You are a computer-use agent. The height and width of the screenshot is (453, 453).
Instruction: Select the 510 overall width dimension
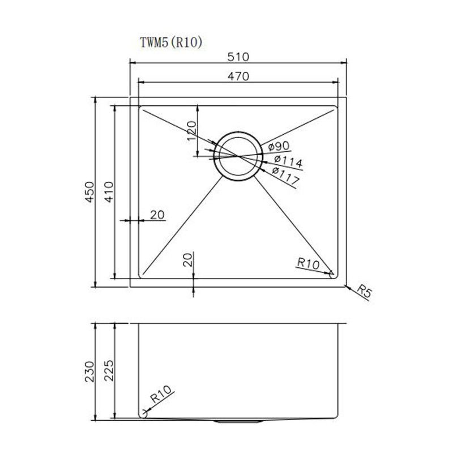(238, 57)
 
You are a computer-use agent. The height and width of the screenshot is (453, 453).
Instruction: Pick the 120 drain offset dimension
(191, 131)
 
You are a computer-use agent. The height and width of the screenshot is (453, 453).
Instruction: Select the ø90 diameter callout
(276, 147)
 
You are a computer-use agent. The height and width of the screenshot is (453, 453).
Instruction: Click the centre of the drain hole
(238, 156)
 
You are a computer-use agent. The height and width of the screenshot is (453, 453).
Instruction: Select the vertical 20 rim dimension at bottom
(189, 260)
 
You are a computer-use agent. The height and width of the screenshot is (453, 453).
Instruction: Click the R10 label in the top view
(309, 263)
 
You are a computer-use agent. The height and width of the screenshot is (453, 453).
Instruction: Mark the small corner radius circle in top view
(332, 275)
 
